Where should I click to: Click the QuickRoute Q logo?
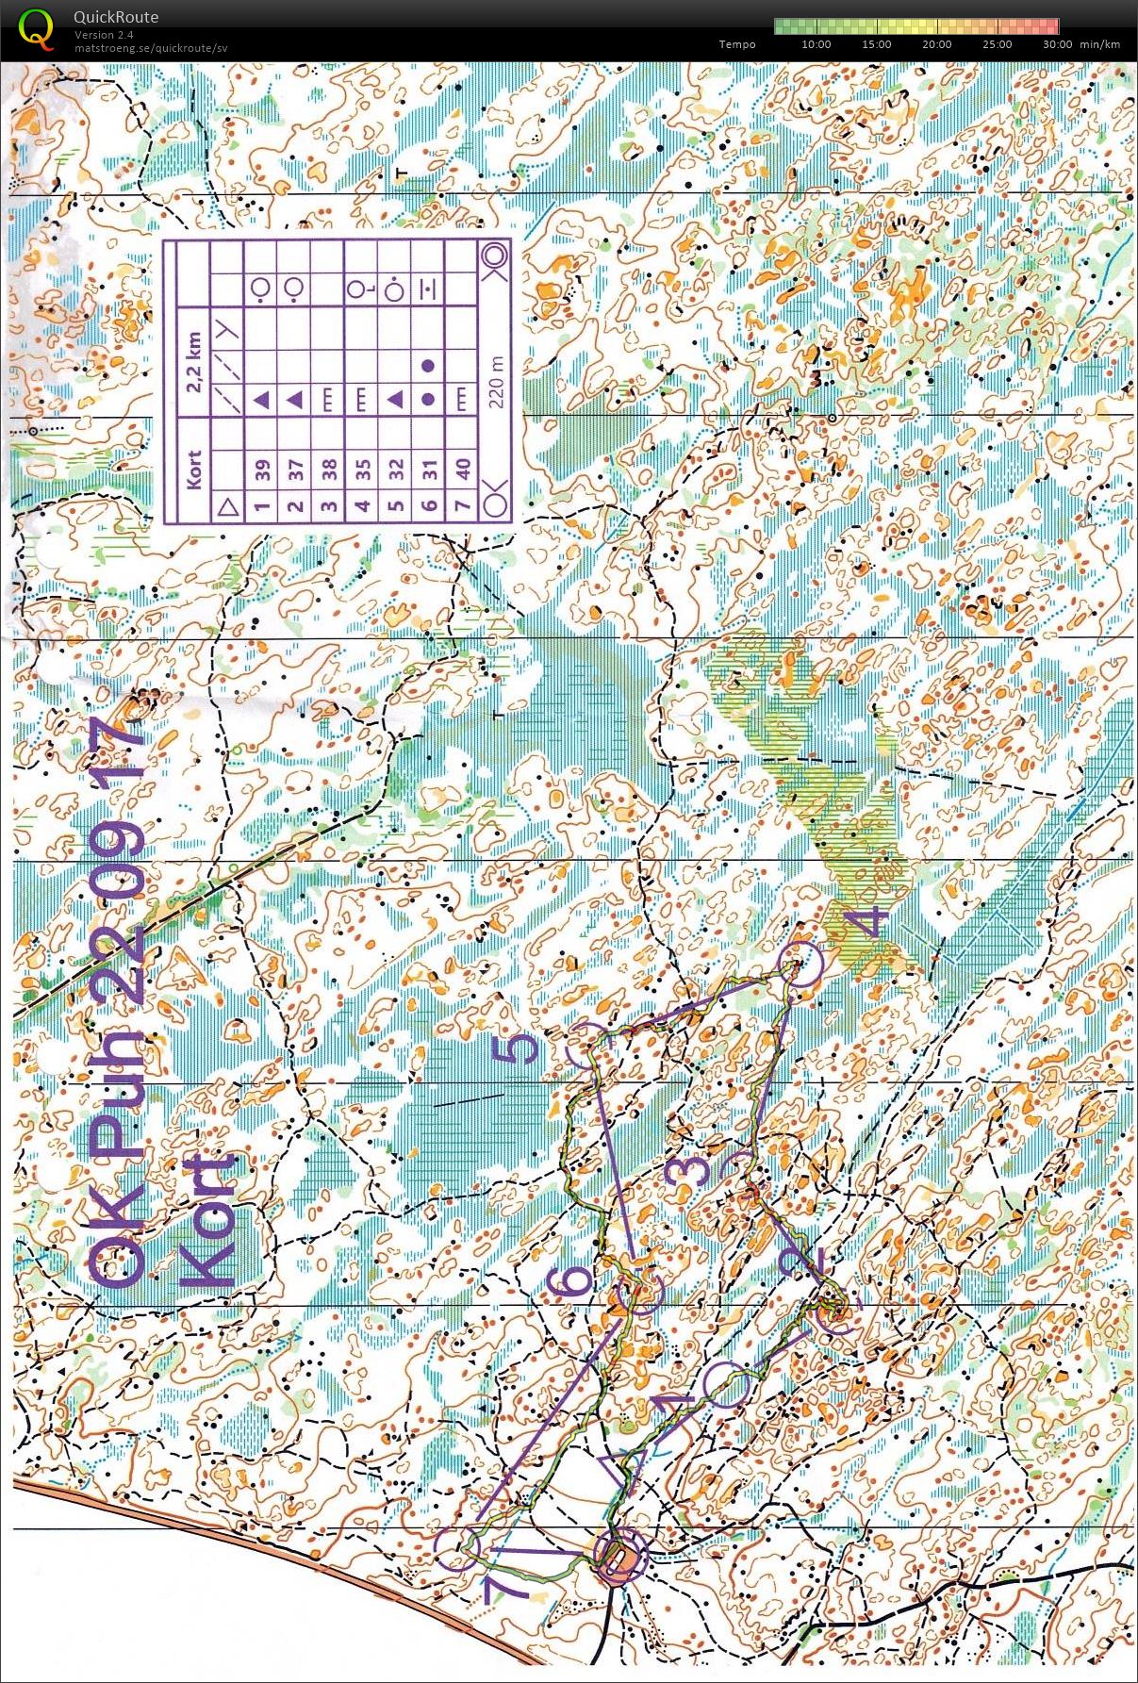pos(36,27)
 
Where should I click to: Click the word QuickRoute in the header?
pos(115,17)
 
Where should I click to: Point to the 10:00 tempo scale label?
pos(816,44)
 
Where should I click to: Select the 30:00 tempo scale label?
pos(1058,44)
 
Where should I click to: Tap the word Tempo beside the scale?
pos(736,44)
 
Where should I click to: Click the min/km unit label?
pos(1100,44)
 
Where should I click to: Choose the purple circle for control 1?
pos(727,1384)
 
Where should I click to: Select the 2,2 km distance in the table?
pos(195,362)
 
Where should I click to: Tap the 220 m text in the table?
pos(497,381)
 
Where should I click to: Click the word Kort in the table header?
pos(195,470)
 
